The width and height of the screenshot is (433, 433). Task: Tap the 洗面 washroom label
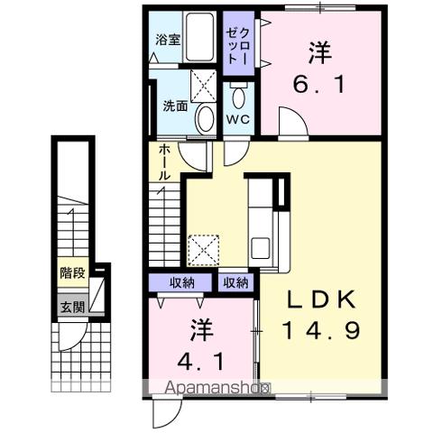[x=175, y=106]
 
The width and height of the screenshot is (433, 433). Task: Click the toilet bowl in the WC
[x=239, y=97]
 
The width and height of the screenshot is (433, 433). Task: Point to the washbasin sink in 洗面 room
[x=206, y=116]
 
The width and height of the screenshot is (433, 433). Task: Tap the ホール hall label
[x=165, y=162]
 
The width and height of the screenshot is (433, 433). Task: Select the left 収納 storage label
[x=182, y=283]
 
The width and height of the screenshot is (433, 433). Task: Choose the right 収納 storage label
[x=236, y=283]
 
